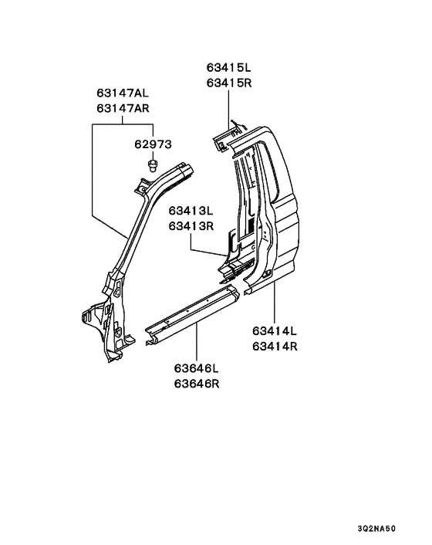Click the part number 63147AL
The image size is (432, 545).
(x=123, y=93)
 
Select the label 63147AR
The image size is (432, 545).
(x=123, y=108)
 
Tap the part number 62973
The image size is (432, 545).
(x=154, y=144)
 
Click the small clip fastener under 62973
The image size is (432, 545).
(x=152, y=165)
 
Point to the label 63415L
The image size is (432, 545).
(x=228, y=67)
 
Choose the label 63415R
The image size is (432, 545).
(x=229, y=83)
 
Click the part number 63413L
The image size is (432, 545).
(x=191, y=211)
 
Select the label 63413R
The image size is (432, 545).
(x=191, y=226)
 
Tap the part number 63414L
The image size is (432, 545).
(x=275, y=331)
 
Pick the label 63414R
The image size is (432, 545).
(x=275, y=347)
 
